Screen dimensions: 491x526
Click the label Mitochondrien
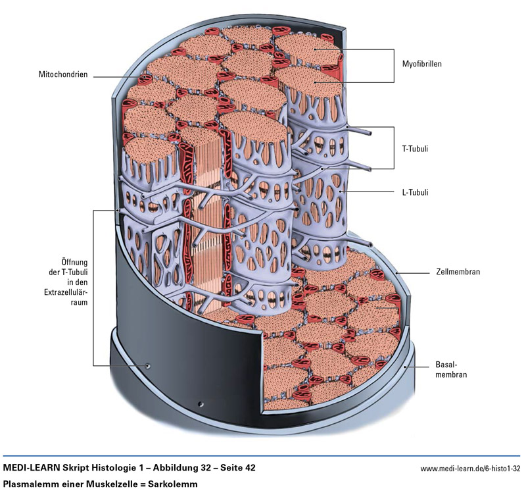pos(64,75)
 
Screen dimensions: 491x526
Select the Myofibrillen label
pos(421,65)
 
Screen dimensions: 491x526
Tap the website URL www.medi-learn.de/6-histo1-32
pos(470,469)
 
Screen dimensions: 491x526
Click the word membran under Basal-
pos(450,375)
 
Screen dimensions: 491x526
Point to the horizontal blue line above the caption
pos(263,455)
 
